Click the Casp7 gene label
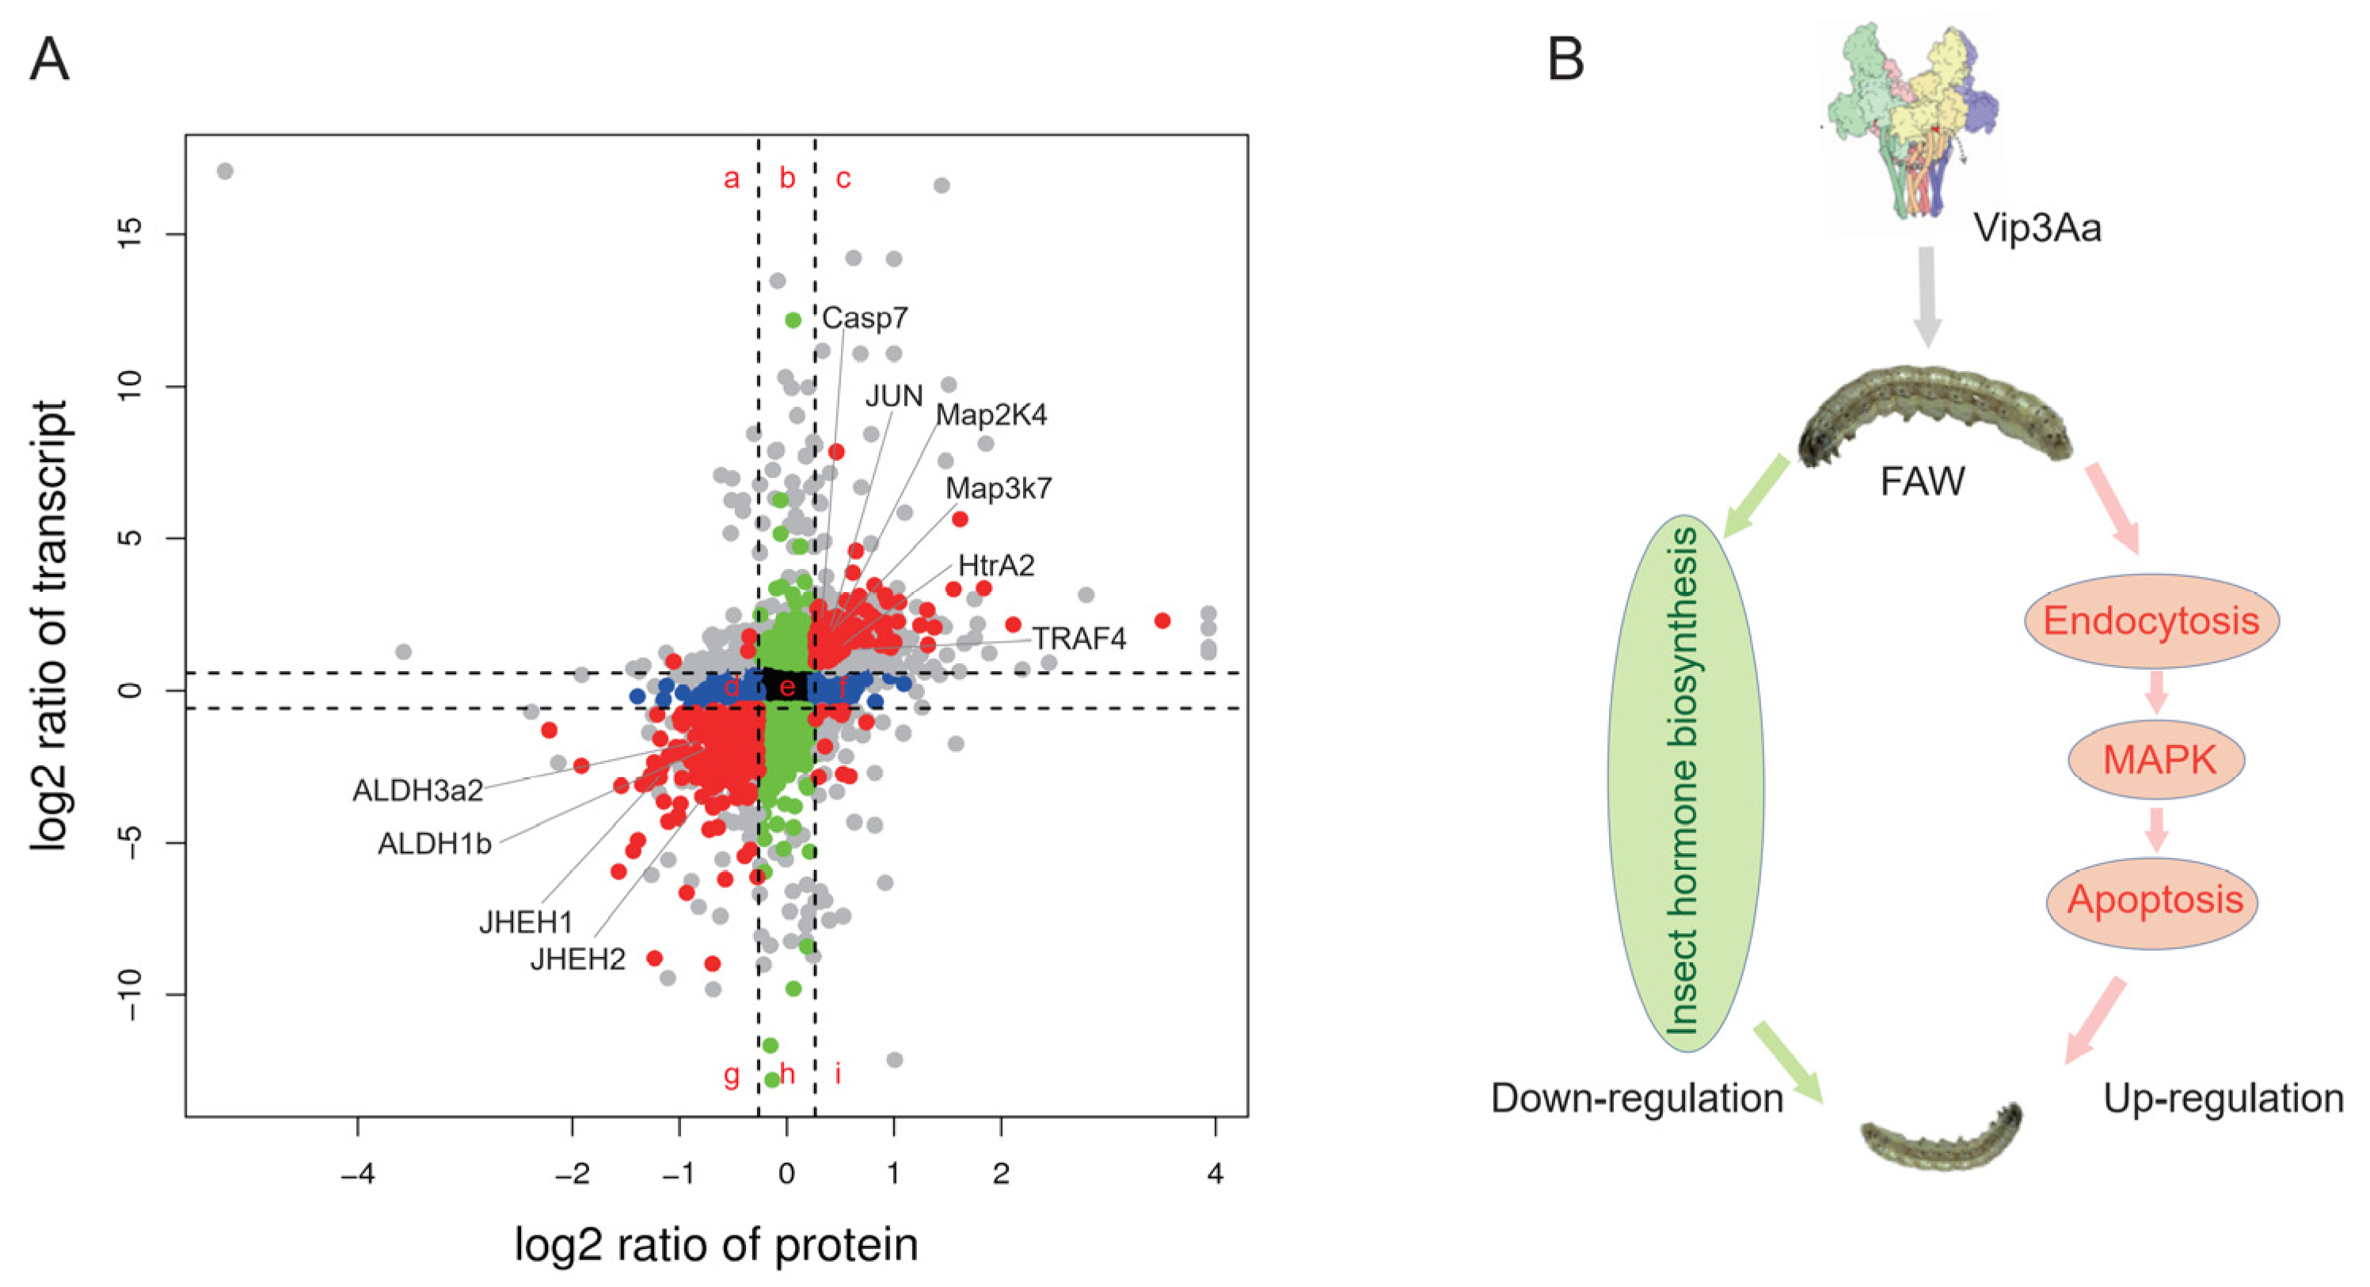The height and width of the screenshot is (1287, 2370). pos(864,318)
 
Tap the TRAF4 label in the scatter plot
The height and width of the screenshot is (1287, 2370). pos(1078,639)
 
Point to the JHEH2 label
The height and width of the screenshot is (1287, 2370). pos(578,959)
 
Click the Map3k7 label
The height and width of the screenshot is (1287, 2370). pos(999,488)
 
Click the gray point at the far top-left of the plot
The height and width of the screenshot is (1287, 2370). pos(224,171)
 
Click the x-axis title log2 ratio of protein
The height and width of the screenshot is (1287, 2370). pos(716,1246)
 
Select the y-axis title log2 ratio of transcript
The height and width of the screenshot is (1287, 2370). pos(51,625)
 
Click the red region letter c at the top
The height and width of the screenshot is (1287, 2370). pos(843,178)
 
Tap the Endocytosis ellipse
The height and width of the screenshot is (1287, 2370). pos(2151,622)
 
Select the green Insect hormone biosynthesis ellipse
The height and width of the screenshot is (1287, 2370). pos(1686,784)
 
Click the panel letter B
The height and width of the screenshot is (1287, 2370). pos(1566,60)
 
